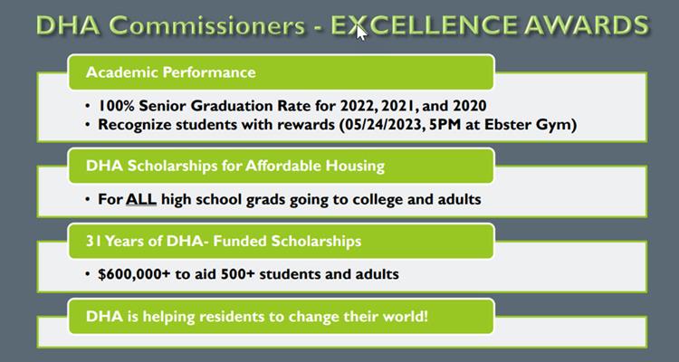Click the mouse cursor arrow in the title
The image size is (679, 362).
[361, 32]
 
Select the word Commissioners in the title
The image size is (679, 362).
[210, 25]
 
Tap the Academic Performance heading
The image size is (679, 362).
[170, 71]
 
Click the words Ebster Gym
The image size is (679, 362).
[530, 125]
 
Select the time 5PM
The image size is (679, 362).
[447, 125]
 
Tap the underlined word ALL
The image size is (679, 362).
[141, 199]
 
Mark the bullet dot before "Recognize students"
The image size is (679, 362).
[89, 125]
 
